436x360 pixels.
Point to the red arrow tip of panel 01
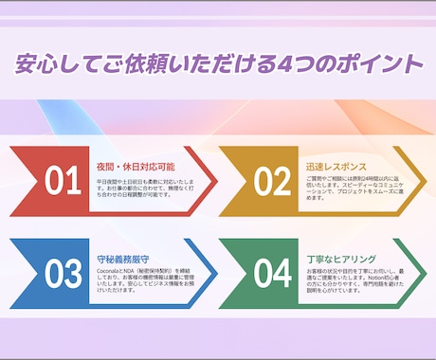click(212, 180)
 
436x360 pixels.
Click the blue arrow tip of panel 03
click(212, 273)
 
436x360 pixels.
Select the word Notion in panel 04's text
click(354, 277)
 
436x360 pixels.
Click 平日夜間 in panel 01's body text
click(106, 178)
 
